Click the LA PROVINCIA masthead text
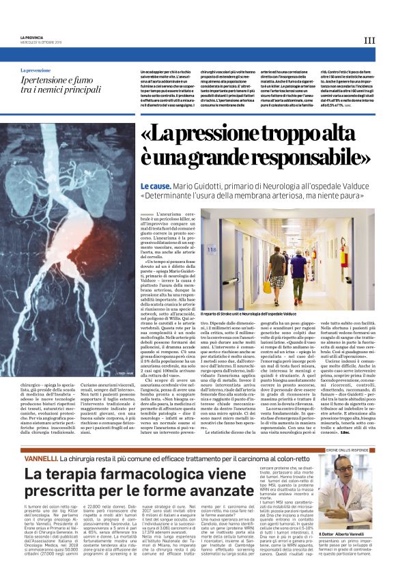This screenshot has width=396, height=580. tap(33, 36)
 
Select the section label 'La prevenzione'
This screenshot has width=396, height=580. tap(36, 70)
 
